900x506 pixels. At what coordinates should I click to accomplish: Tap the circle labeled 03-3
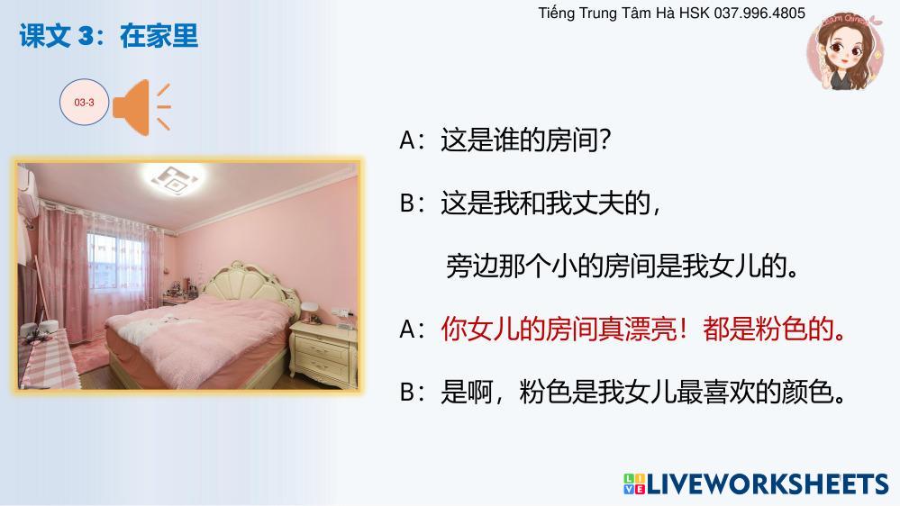pos(85,102)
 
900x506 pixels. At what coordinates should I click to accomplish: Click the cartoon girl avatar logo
pos(844,52)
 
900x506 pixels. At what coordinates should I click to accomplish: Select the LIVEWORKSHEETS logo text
pos(768,483)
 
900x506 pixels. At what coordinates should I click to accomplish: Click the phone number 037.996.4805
pos(759,13)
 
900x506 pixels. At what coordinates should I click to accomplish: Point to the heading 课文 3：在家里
pos(108,36)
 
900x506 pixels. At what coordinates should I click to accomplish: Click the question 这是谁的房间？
pos(525,140)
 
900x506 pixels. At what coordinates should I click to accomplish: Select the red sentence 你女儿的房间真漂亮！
pos(564,330)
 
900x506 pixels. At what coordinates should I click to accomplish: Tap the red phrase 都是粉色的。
pos(774,330)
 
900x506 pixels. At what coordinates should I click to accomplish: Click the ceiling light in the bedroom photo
pos(173,179)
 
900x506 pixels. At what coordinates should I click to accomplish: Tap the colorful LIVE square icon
pos(634,483)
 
